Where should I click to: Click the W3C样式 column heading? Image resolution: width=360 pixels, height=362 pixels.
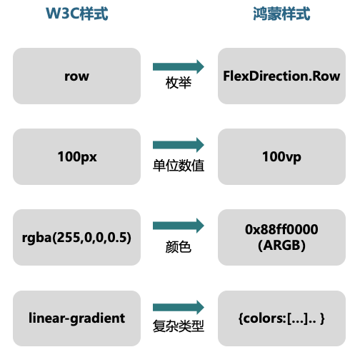point(77,14)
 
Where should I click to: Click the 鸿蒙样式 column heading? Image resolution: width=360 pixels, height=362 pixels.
point(281,14)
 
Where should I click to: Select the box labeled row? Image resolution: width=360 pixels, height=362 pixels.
point(76,76)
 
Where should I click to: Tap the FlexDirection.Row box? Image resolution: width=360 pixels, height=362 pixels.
point(281,76)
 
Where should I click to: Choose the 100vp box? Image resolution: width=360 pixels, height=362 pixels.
point(281,156)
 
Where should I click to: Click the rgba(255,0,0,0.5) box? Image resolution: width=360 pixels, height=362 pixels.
point(76,237)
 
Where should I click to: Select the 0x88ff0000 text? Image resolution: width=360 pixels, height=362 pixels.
point(281,229)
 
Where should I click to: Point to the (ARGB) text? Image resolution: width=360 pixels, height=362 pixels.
point(281,245)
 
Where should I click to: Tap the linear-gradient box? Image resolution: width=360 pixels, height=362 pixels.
point(76,318)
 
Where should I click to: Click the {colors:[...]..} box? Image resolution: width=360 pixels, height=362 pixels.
point(281,318)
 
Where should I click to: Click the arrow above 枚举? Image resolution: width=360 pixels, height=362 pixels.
point(179,66)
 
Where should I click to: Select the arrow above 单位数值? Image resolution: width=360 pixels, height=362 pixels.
point(179,145)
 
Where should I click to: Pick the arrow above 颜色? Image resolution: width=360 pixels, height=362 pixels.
point(179,226)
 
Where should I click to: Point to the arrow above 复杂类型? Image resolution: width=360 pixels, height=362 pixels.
point(179,307)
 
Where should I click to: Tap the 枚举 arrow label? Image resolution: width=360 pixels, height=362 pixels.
point(179,83)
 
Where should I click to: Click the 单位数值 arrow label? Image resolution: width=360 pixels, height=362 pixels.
point(179,166)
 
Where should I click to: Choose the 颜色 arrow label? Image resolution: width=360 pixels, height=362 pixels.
point(179,246)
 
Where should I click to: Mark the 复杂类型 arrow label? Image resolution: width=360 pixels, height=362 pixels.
point(179,326)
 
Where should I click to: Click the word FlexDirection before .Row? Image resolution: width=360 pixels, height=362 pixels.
point(266,76)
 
